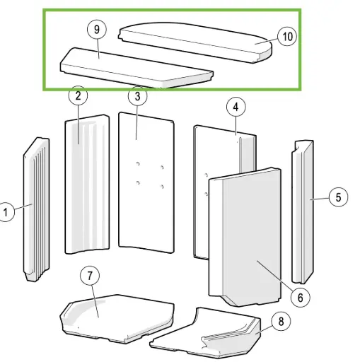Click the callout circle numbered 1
click(7, 211)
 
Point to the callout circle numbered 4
click(236, 107)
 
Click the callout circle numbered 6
click(301, 297)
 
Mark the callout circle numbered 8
click(281, 322)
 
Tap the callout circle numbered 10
click(286, 36)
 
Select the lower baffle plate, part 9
click(134, 69)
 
